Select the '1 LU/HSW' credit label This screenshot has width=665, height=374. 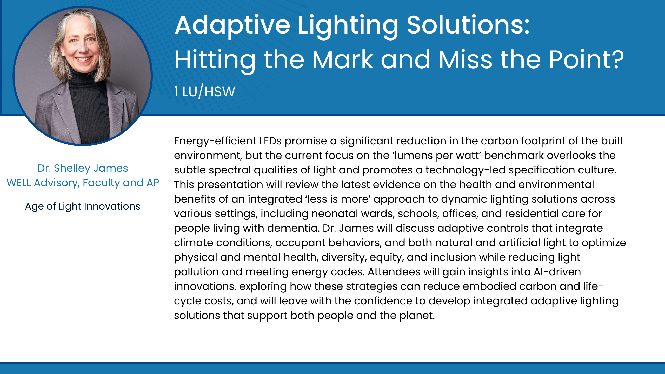(x=205, y=91)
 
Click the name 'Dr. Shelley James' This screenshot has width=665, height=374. (x=83, y=168)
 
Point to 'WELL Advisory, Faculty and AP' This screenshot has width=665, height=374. (x=83, y=183)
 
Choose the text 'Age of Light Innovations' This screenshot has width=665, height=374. (x=83, y=206)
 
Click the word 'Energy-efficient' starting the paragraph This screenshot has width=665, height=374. (x=215, y=141)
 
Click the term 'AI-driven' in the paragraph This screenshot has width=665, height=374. (x=557, y=272)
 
